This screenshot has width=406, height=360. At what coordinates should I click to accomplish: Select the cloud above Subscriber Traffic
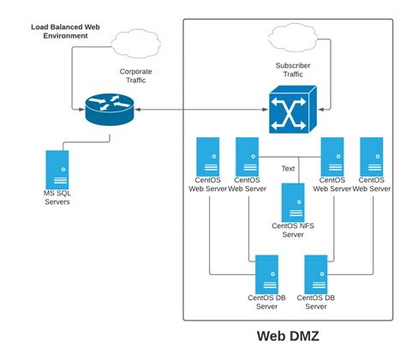(294, 37)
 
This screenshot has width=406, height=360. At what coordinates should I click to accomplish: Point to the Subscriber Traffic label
(294, 69)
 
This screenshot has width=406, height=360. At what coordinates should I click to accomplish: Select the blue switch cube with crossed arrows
(290, 110)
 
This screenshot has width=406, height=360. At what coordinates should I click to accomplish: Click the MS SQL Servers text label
(58, 198)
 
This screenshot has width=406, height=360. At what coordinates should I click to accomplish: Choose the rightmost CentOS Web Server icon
(373, 156)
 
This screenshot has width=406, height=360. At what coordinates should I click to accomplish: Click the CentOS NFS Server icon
(293, 202)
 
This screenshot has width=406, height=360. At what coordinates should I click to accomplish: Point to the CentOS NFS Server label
(294, 231)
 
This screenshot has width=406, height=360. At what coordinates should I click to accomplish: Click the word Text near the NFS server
(288, 169)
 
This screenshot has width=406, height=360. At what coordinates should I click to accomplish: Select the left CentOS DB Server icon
(267, 273)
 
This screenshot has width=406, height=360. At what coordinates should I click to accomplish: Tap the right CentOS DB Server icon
(316, 273)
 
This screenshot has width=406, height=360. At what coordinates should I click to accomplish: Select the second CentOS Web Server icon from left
(248, 156)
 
